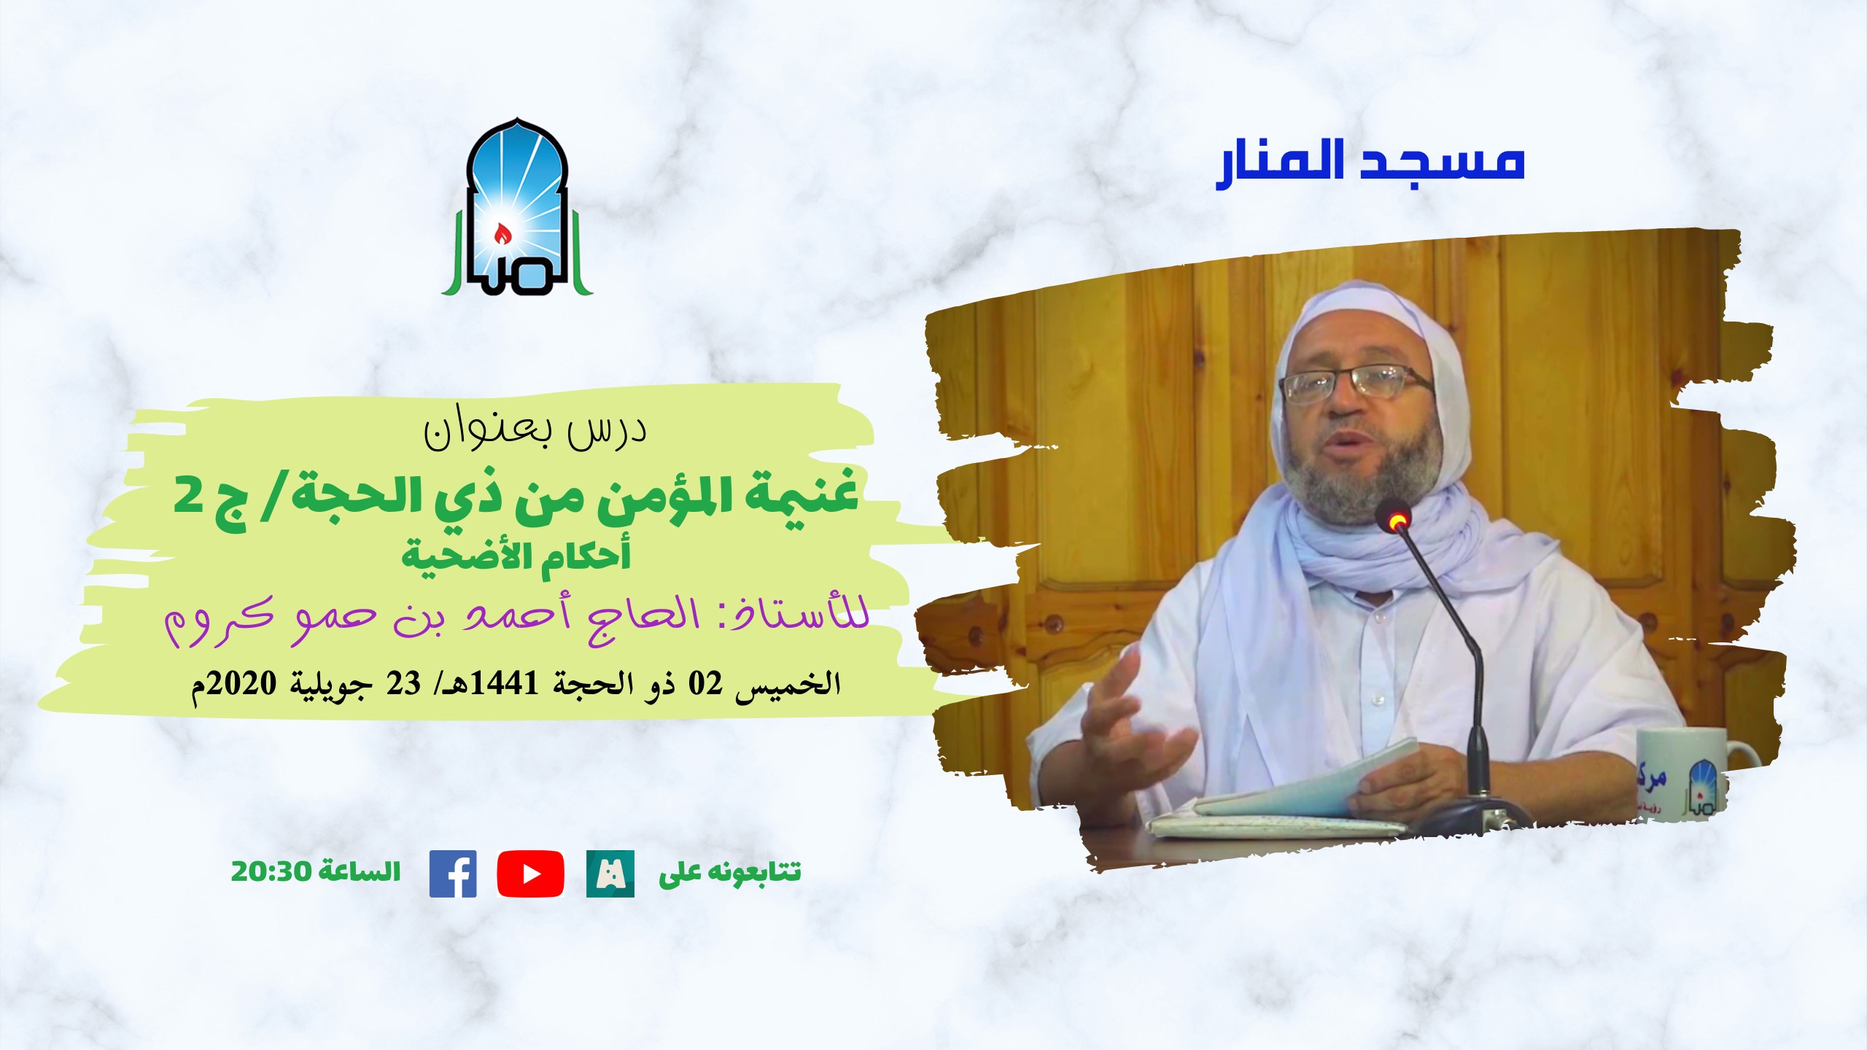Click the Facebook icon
453,874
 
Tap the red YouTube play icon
530,874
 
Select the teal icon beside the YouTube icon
610,874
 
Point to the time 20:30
271,871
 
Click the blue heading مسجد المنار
1370,162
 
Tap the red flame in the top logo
502,233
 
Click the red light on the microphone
1397,520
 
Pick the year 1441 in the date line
505,684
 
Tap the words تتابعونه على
729,872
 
